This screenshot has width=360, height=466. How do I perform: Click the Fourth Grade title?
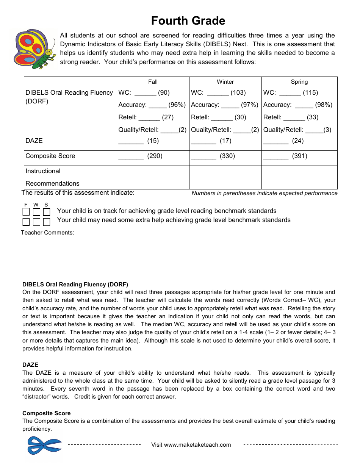188,20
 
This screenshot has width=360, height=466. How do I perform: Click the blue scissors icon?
44,445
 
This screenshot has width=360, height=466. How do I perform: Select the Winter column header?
225,82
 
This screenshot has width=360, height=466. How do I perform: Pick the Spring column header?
299,82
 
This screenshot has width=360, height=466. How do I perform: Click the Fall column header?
153,82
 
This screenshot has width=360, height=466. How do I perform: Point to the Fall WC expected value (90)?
164,93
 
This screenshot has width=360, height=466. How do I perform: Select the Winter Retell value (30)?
240,117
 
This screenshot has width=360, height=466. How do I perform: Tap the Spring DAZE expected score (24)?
298,141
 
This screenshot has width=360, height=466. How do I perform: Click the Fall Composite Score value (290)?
155,156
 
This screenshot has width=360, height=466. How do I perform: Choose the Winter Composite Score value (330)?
227,156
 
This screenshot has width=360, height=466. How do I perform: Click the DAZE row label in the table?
34,141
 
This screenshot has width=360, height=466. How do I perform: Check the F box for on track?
26,212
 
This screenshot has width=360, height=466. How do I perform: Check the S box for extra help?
46,222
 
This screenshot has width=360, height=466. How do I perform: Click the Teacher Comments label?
47,233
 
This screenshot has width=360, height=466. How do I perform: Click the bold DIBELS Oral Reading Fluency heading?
75,285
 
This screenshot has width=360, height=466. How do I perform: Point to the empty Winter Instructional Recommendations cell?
225,177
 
